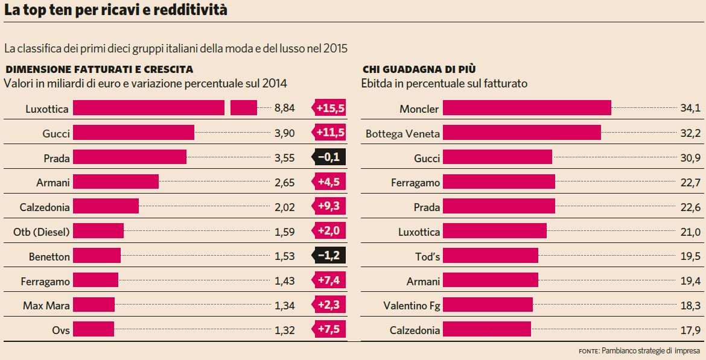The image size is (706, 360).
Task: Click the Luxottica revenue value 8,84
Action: point(284,109)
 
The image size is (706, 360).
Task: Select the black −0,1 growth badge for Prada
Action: point(329,158)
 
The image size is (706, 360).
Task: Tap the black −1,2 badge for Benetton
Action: point(329,256)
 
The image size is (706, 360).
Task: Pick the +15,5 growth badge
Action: point(329,109)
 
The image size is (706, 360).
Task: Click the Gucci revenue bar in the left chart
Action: point(133,133)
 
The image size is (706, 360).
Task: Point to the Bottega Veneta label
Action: point(402,133)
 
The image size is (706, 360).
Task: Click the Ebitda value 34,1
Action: point(690,109)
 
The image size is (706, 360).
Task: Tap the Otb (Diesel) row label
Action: point(41,232)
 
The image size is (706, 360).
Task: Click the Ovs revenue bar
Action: point(94,329)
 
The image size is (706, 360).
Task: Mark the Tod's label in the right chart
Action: point(425,256)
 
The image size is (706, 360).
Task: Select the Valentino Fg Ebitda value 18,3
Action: point(690,305)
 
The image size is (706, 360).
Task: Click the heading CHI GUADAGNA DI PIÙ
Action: point(423,69)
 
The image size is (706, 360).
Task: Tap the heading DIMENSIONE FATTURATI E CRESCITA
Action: point(99,69)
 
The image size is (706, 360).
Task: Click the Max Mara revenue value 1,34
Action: point(284,305)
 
